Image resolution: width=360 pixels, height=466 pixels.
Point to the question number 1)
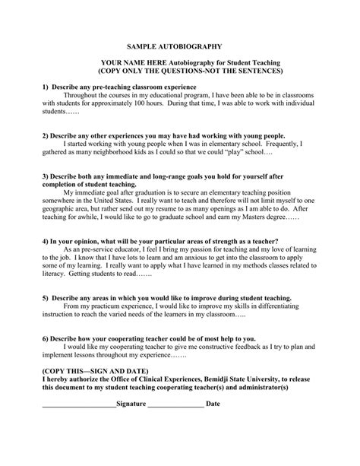pos(46,87)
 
